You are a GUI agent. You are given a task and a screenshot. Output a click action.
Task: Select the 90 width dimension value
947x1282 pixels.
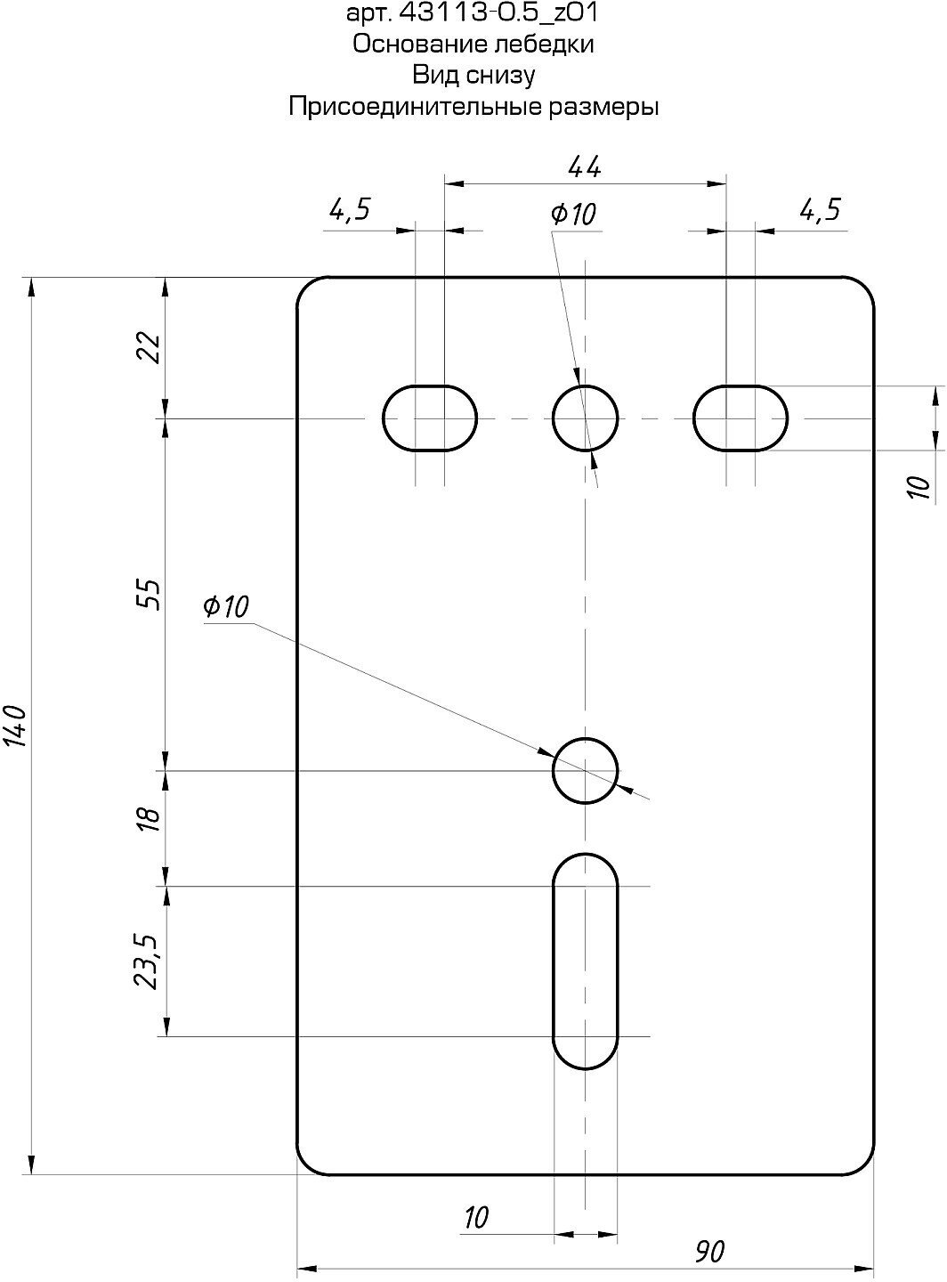pyautogui.click(x=709, y=1251)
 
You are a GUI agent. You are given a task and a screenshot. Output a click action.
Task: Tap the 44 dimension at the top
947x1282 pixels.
pyautogui.click(x=584, y=166)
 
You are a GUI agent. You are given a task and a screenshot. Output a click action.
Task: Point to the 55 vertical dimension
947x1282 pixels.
pyautogui.click(x=150, y=594)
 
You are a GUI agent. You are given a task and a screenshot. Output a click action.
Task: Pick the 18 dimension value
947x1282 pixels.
pyautogui.click(x=150, y=818)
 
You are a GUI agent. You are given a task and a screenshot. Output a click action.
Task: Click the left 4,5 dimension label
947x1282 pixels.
pyautogui.click(x=350, y=210)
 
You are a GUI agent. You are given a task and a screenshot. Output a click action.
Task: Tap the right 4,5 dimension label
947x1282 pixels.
pyautogui.click(x=820, y=210)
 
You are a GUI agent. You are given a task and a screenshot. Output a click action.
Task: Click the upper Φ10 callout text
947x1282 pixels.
pyautogui.click(x=573, y=214)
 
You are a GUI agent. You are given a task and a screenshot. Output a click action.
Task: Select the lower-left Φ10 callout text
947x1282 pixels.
pyautogui.click(x=226, y=607)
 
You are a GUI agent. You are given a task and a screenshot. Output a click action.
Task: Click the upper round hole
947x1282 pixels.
pyautogui.click(x=585, y=418)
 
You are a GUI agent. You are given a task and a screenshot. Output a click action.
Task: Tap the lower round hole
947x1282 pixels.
pyautogui.click(x=585, y=770)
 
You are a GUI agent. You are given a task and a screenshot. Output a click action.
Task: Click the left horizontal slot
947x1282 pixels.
pyautogui.click(x=430, y=418)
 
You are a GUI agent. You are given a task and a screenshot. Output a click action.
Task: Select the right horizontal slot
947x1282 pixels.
pyautogui.click(x=741, y=418)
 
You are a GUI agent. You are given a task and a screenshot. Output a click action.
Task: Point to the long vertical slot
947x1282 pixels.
pyautogui.click(x=585, y=961)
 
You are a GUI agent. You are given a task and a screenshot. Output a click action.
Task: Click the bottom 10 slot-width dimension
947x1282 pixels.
pyautogui.click(x=477, y=1217)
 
